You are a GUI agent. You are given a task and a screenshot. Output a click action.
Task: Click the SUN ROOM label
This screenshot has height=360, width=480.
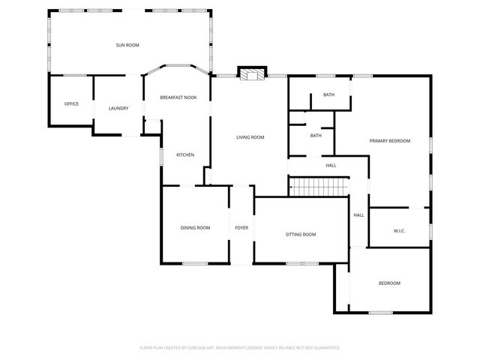(x=127, y=46)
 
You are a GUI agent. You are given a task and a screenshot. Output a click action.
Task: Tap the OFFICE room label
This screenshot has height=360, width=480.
(x=71, y=104)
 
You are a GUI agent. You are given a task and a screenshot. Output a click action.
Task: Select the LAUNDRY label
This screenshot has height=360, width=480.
(x=118, y=109)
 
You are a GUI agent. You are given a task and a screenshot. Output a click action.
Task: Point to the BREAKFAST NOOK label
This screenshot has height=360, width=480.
(x=178, y=97)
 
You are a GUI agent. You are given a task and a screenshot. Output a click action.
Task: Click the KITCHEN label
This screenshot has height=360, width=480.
(x=185, y=155)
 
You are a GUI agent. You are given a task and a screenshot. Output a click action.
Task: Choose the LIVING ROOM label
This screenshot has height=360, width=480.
(x=250, y=137)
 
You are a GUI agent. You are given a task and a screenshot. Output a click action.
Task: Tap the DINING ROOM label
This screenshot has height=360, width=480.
(x=195, y=228)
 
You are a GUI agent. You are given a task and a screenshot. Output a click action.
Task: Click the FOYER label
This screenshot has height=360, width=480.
(x=241, y=228)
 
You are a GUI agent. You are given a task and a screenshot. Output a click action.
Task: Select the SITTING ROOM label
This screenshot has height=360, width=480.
(x=301, y=235)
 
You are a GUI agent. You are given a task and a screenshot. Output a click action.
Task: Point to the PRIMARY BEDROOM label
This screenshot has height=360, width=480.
(x=389, y=141)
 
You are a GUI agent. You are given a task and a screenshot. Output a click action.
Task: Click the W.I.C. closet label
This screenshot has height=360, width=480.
(x=399, y=231)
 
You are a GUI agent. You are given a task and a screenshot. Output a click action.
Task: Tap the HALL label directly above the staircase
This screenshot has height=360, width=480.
(x=331, y=166)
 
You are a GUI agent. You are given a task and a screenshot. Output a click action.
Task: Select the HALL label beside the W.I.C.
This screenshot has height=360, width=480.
(x=358, y=215)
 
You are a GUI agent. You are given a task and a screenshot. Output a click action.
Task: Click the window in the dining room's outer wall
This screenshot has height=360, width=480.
(x=196, y=263)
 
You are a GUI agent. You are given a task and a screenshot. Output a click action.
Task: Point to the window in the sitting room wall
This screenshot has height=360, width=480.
(x=301, y=263)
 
